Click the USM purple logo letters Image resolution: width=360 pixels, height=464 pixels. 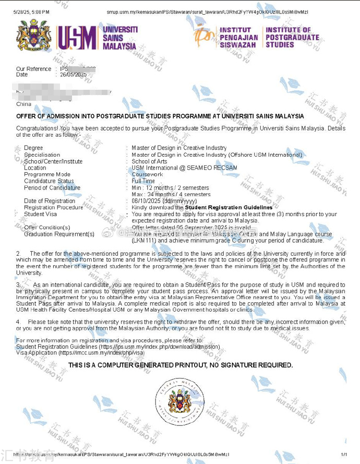76,38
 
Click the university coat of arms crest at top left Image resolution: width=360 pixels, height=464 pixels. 33,36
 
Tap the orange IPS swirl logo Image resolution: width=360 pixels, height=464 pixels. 204,35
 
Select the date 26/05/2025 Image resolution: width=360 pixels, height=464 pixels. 73,75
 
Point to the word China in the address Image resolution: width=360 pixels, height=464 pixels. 24,104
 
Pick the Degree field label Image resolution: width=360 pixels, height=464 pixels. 33,148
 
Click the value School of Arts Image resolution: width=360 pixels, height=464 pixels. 149,161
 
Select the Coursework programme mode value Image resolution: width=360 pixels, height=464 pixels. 147,174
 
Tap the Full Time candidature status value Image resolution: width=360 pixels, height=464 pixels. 143,181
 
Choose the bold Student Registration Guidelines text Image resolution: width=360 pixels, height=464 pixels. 229,207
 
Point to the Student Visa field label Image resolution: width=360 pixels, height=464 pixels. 41,214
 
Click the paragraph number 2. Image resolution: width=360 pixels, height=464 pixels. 19,253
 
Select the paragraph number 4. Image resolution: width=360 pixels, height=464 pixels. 19,322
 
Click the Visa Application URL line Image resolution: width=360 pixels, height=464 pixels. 80,353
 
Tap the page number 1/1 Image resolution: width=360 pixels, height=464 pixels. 343,455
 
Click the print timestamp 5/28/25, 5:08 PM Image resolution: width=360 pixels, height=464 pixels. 31,12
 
